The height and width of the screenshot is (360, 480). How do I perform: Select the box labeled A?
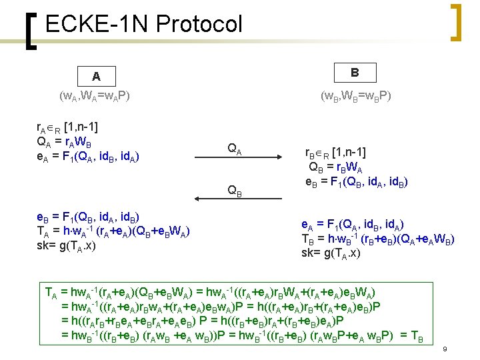96,75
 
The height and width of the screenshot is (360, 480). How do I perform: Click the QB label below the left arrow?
235,191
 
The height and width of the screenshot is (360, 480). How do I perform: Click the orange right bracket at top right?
456,21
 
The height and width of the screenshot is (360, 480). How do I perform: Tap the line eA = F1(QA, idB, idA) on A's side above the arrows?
88,157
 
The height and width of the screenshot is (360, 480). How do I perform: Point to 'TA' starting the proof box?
51,291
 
